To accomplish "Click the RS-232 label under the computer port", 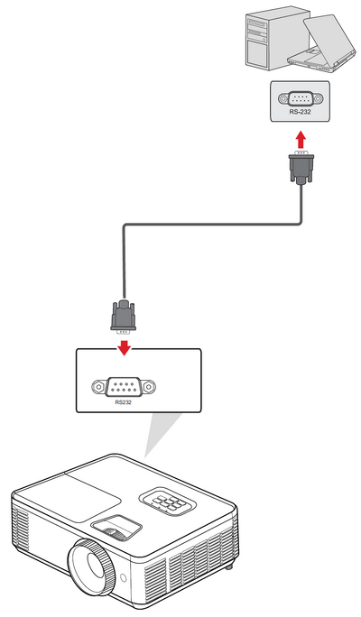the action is click(300, 112).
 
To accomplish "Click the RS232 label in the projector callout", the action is click(124, 402).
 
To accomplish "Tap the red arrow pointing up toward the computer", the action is click(301, 140).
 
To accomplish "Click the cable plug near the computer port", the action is click(301, 166).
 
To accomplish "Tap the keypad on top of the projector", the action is click(167, 502).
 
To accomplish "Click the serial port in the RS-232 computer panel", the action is click(300, 98).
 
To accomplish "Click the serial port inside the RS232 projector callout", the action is click(124, 387).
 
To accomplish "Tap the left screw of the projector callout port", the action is click(98, 387).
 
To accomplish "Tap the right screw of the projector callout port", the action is click(148, 387).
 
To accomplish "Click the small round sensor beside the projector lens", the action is click(123, 577).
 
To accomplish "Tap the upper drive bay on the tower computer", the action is click(257, 24).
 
